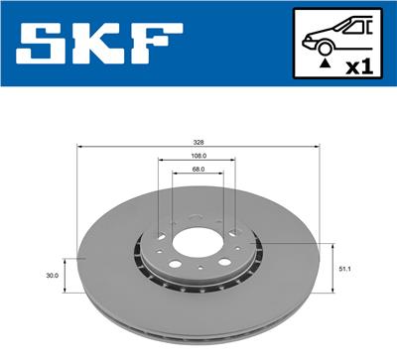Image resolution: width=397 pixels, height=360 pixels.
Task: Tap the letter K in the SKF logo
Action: [x=107, y=46]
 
